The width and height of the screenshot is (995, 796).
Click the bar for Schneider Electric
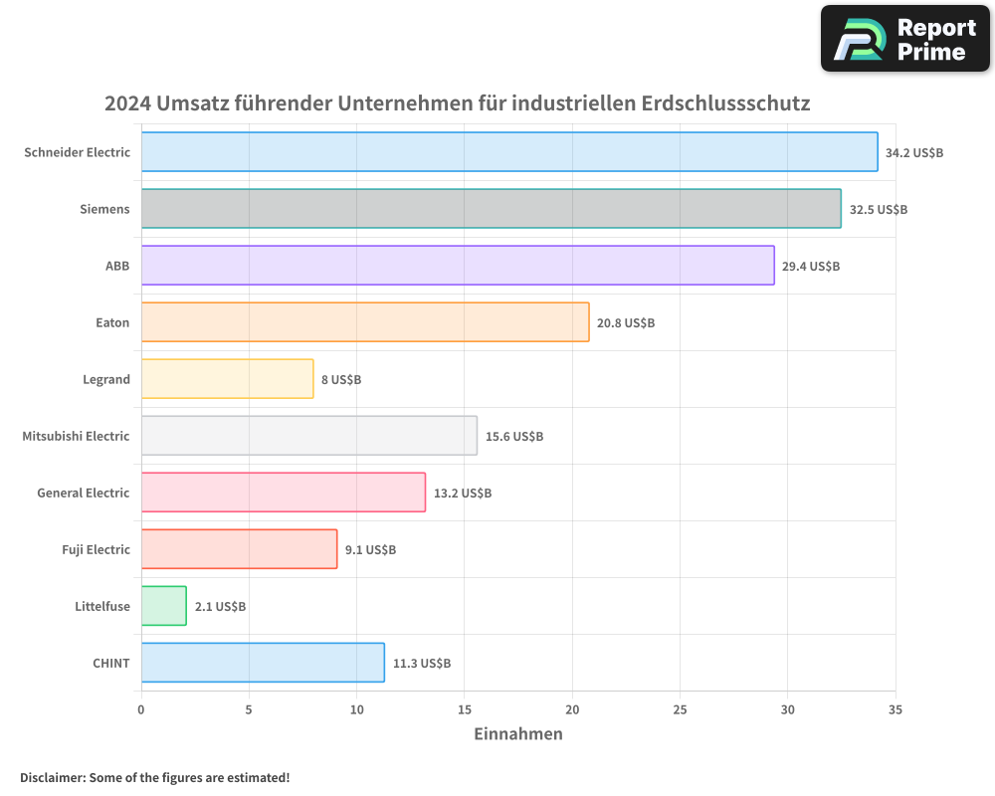click(x=509, y=152)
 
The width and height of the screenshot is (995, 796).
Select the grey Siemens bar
click(x=491, y=209)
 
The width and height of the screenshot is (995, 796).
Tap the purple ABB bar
click(x=458, y=266)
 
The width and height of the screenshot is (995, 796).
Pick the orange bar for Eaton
click(x=365, y=322)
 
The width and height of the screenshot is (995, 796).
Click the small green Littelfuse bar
click(x=164, y=606)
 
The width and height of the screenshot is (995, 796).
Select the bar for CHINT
click(x=263, y=663)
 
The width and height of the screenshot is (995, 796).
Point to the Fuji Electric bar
click(x=239, y=549)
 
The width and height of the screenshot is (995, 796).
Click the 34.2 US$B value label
click(x=914, y=153)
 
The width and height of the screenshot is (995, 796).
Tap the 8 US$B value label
click(x=341, y=380)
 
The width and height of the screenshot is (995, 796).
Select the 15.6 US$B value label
click(x=514, y=437)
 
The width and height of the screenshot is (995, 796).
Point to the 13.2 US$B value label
click(x=463, y=494)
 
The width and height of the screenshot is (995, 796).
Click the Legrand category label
click(x=106, y=379)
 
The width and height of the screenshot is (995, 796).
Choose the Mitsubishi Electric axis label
click(x=76, y=436)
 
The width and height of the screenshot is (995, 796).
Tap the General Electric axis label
click(x=84, y=493)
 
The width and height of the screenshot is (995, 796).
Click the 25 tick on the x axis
click(x=680, y=709)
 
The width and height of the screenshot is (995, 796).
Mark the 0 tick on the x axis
click(x=141, y=709)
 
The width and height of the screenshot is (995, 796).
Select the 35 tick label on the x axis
click(x=895, y=709)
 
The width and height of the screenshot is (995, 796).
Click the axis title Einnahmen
click(x=517, y=734)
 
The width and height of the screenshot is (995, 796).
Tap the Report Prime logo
click(x=905, y=39)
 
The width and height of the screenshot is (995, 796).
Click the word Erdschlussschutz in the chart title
click(x=725, y=103)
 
